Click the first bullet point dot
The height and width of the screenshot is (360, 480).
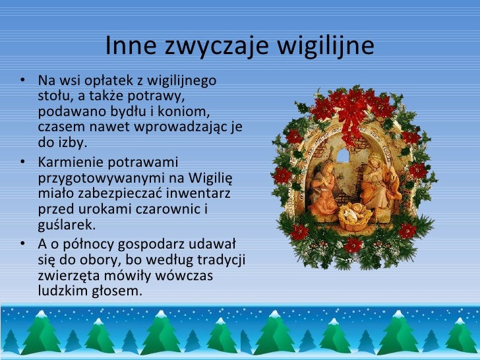tap(23, 82)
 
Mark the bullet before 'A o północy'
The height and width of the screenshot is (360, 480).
tap(23, 244)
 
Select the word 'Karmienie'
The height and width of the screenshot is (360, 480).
tap(70, 162)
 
